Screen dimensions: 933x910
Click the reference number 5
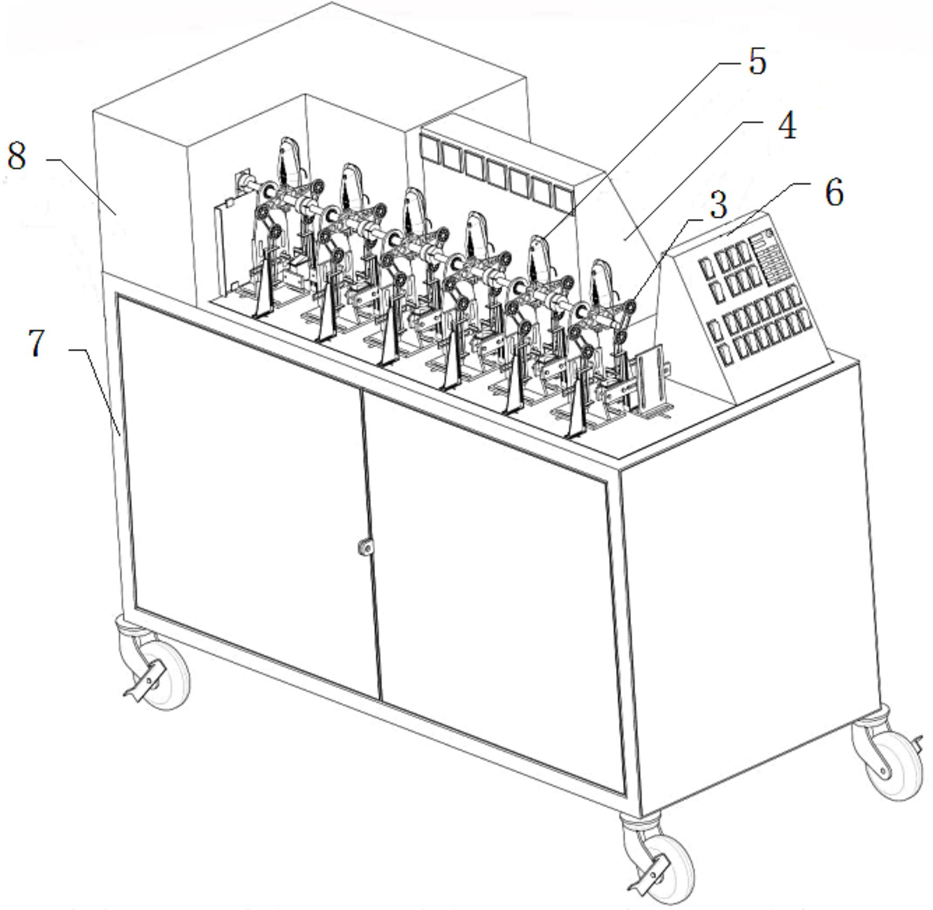tap(757, 62)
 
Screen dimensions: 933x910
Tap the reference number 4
tap(787, 127)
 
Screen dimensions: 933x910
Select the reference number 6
tap(834, 193)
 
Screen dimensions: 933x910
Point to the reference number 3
tap(718, 206)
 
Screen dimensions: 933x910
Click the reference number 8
tap(17, 157)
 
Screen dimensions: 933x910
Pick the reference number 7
tap(36, 343)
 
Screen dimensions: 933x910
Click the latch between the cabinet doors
tap(365, 547)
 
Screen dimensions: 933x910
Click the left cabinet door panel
tap(251, 493)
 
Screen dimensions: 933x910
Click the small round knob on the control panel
tap(769, 233)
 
